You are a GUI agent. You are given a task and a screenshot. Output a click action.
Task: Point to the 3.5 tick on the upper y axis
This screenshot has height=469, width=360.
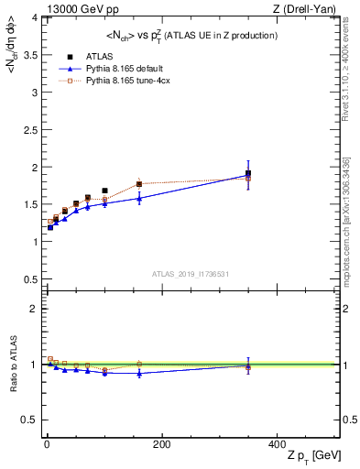coord(31,55)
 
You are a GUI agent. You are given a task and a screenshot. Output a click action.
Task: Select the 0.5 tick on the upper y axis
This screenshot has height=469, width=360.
coord(31,279)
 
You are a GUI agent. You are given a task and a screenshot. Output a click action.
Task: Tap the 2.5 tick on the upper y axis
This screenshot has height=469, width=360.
coord(31,130)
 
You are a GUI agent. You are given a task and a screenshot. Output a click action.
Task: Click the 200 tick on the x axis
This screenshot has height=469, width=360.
coord(161,444)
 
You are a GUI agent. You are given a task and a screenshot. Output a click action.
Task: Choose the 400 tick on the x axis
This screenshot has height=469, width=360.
coord(277,444)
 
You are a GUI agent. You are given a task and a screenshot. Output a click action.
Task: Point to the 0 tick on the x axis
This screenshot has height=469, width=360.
coord(46,444)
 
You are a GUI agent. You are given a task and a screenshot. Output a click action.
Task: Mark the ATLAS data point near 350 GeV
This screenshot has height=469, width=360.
coord(248,174)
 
